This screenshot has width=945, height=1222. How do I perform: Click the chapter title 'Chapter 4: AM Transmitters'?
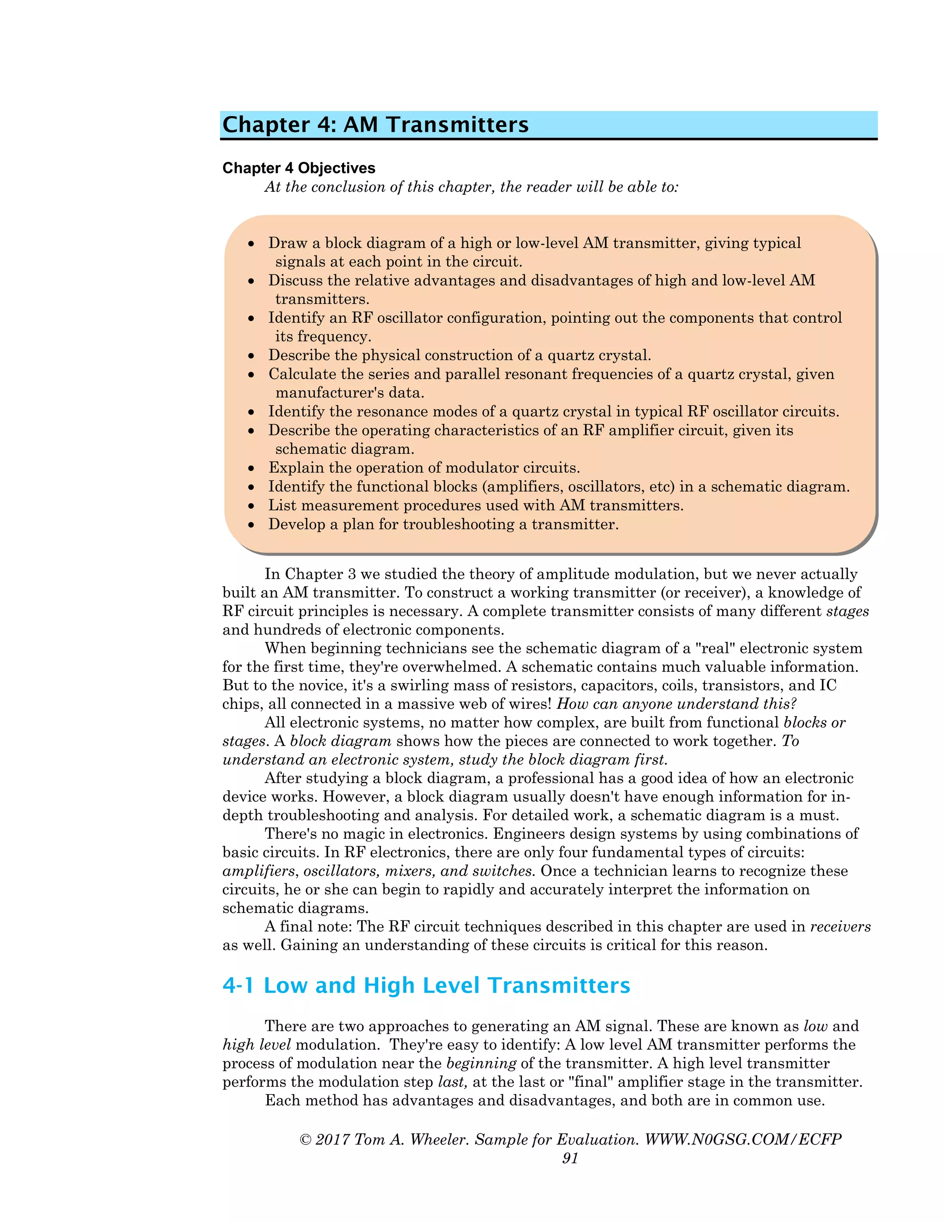(x=375, y=124)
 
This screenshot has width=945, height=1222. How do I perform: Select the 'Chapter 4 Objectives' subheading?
(x=299, y=168)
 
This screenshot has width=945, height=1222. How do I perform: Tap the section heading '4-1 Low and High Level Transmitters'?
(x=426, y=985)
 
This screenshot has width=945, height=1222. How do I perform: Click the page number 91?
(x=570, y=1158)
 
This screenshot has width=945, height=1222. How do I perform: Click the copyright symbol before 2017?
(x=305, y=1140)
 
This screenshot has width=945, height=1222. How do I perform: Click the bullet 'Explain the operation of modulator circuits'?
(x=424, y=468)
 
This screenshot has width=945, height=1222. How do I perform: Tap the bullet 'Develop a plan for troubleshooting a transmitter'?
(x=443, y=524)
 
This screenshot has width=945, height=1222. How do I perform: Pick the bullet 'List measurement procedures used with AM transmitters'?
(x=476, y=505)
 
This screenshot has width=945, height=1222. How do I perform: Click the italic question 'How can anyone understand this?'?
(x=676, y=704)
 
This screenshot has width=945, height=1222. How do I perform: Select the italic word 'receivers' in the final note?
(x=840, y=926)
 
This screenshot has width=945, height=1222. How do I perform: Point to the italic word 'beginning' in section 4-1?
(x=481, y=1063)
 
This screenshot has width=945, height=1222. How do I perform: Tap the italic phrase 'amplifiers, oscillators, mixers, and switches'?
(x=378, y=871)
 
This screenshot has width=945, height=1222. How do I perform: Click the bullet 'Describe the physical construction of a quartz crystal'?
(x=459, y=355)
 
